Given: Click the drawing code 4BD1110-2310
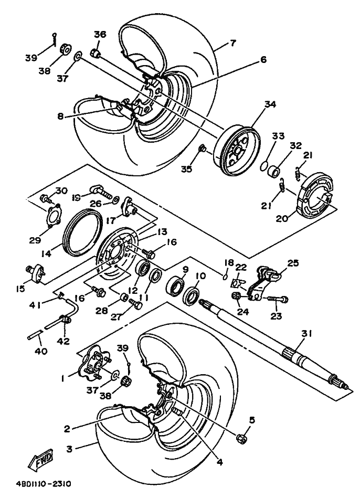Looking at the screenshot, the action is click(44, 484).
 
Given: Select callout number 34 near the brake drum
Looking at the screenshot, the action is click(270, 104).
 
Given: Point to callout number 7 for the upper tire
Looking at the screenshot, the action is click(233, 44).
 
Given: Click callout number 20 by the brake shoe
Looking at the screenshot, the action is click(282, 219).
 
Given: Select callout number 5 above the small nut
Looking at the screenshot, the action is click(252, 420).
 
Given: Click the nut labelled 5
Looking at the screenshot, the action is click(240, 439).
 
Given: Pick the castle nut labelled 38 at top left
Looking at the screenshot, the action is click(66, 49).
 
